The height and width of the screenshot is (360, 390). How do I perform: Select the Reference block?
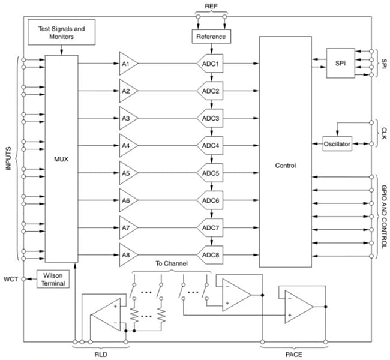click(211, 37)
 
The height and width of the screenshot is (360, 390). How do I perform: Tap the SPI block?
click(340, 62)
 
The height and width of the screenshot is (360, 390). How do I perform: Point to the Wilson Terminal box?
click(53, 279)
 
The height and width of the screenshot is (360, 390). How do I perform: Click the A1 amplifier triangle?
click(127, 64)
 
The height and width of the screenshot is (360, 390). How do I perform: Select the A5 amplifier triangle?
click(127, 173)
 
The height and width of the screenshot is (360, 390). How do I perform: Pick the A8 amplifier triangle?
click(127, 255)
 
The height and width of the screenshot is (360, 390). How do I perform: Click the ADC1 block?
click(211, 64)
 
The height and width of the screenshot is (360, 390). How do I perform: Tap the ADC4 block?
click(211, 146)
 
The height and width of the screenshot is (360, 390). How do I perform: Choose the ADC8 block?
click(211, 255)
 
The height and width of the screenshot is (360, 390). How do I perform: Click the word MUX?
click(61, 160)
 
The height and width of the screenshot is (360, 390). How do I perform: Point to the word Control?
click(285, 166)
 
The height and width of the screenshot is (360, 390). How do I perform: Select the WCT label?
click(11, 279)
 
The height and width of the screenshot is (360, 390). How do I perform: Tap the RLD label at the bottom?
click(100, 353)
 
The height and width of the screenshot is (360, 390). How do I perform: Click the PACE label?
click(293, 353)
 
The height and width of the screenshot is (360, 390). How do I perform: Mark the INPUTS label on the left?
click(8, 158)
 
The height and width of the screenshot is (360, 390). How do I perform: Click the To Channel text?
click(172, 264)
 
